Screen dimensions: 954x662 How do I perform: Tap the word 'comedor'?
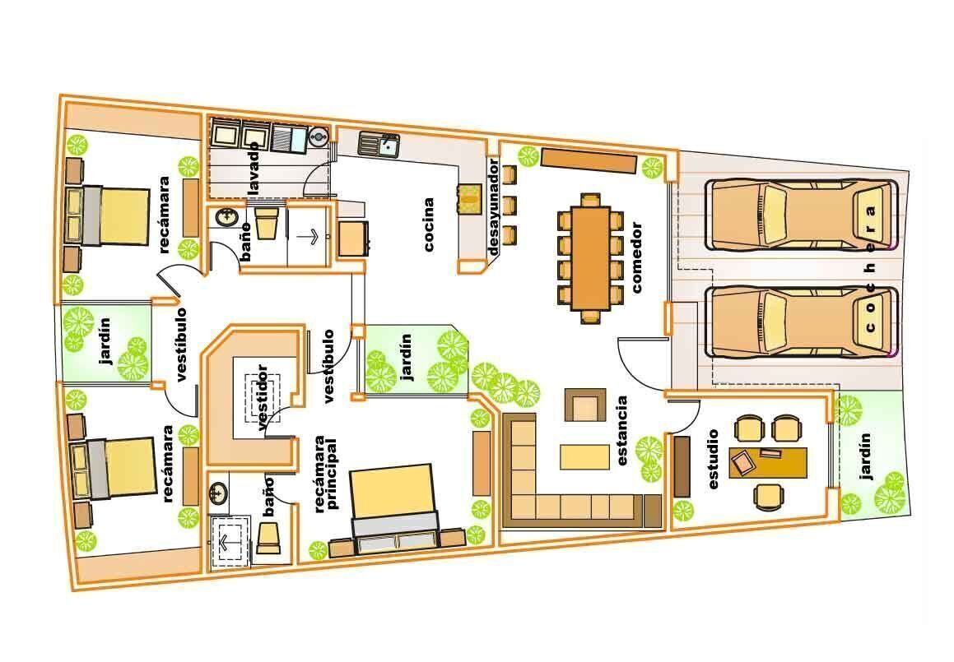636,257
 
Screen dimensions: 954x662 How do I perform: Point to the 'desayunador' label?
493,207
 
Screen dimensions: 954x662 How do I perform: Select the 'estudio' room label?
713,459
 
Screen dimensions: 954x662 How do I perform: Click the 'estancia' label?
621,431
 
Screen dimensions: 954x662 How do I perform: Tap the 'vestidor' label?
263,397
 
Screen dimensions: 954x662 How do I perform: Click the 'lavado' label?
253,168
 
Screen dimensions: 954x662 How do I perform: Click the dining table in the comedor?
590,258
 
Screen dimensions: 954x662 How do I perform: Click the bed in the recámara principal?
394,509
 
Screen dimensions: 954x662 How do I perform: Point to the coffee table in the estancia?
584,457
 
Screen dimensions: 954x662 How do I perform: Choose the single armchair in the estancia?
585,405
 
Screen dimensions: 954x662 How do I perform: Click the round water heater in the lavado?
318,137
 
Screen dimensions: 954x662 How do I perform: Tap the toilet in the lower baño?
268,537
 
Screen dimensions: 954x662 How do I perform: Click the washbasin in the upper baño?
227,217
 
